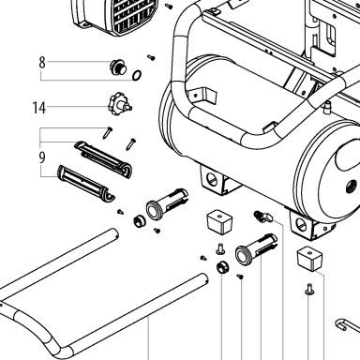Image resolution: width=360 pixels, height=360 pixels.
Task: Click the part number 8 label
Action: pyautogui.click(x=42, y=63)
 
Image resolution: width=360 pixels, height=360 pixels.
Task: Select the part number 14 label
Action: pyautogui.click(x=39, y=108)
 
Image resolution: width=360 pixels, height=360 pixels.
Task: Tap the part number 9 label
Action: pyautogui.click(x=42, y=157)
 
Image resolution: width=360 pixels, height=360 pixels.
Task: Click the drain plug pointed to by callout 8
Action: pyautogui.click(x=118, y=67)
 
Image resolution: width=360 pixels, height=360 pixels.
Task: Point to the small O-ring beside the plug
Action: pyautogui.click(x=137, y=75)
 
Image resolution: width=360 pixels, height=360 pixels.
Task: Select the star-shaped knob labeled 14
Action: pyautogui.click(x=119, y=104)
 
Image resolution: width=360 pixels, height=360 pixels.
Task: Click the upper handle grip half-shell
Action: pyautogui.click(x=104, y=159)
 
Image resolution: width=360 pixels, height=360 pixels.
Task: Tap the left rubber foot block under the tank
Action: pyautogui.click(x=220, y=222)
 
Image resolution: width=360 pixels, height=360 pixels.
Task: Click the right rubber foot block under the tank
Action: pyautogui.click(x=309, y=258)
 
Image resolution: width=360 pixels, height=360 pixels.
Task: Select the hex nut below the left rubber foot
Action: pyautogui.click(x=222, y=267)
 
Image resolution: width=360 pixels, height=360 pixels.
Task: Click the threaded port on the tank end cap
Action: pyautogui.click(x=352, y=187)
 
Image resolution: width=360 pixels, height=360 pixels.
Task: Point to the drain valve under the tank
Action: pyautogui.click(x=263, y=217)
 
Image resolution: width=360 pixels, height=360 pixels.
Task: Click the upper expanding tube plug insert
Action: pyautogui.click(x=167, y=204)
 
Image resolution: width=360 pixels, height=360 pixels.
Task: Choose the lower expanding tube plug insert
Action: pyautogui.click(x=256, y=249)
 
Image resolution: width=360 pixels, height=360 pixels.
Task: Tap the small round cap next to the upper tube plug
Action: pyautogui.click(x=140, y=221)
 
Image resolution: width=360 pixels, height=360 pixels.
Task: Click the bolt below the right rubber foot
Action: pyautogui.click(x=309, y=289)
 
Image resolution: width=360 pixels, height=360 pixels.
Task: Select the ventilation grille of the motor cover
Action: pyautogui.click(x=135, y=16)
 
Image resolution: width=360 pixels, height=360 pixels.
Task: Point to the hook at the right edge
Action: pyautogui.click(x=346, y=325)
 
